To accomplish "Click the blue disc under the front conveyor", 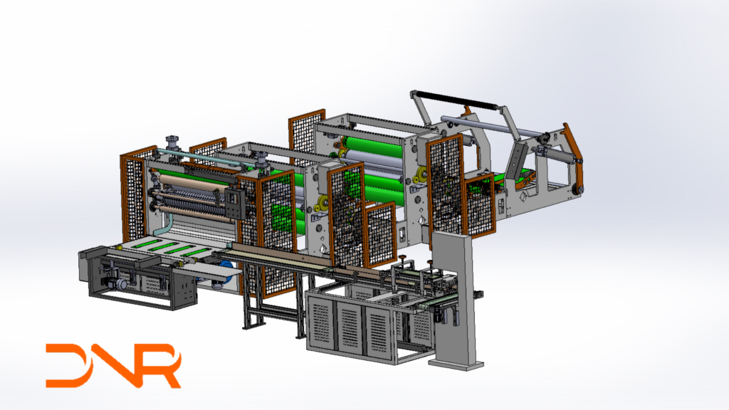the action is pos(226,271).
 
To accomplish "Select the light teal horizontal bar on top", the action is pos(201,157).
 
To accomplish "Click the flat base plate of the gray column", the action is pos(456,364).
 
